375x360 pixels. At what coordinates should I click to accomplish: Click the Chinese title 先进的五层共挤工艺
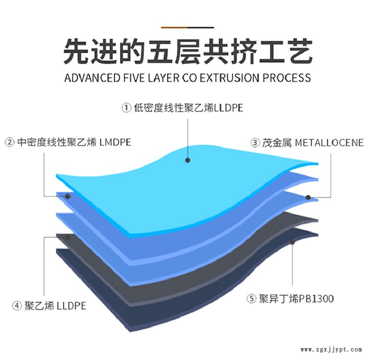click(x=187, y=52)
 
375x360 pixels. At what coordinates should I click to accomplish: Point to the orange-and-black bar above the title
click(x=187, y=27)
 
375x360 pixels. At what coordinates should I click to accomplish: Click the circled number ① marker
click(x=126, y=108)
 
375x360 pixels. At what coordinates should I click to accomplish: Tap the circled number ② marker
click(x=9, y=142)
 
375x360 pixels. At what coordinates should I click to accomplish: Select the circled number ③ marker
click(x=255, y=142)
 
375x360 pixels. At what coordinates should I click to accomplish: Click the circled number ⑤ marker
click(x=251, y=299)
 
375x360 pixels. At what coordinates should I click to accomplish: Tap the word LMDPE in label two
click(x=115, y=142)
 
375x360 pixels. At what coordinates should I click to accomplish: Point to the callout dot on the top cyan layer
click(x=188, y=160)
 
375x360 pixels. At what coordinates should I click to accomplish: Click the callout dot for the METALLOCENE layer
click(x=308, y=197)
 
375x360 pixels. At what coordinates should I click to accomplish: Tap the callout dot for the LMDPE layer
click(x=68, y=196)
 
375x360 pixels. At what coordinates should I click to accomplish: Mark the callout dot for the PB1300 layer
click(x=292, y=242)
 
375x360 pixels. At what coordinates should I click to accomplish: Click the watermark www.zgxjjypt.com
click(x=332, y=350)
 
